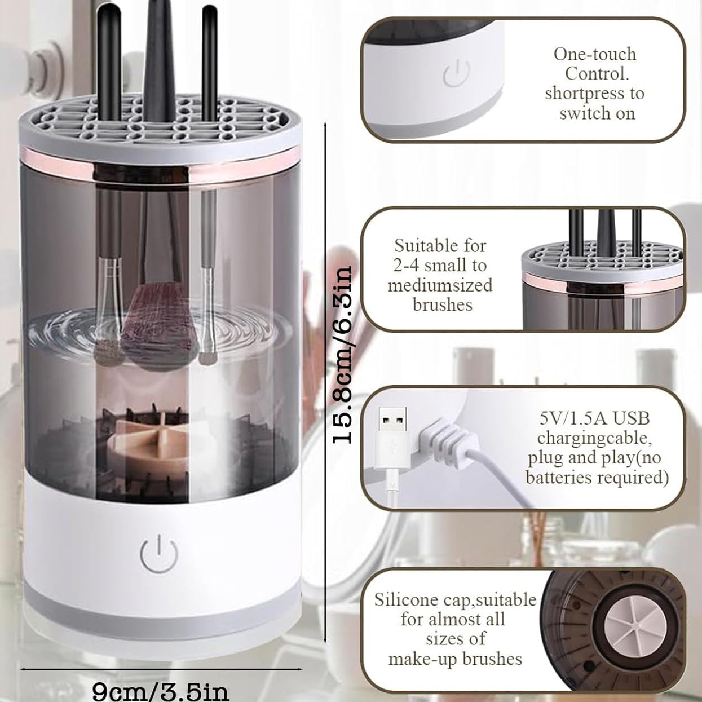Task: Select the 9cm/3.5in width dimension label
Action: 160,691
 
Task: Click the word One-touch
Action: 595,54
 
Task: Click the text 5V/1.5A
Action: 568,418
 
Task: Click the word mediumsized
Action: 440,285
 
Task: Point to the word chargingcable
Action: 594,438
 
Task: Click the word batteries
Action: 558,477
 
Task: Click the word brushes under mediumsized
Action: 443,304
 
